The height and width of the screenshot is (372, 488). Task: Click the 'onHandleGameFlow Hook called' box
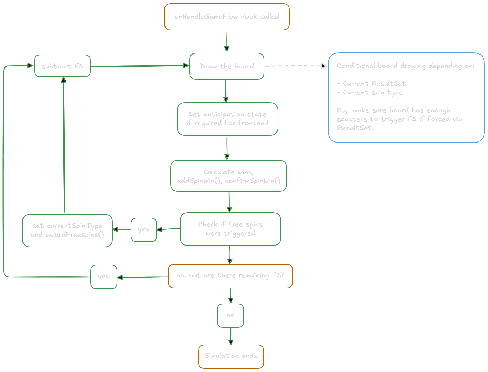(227, 17)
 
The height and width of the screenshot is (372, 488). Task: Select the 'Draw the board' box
(227, 66)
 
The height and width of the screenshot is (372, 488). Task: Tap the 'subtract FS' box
(62, 66)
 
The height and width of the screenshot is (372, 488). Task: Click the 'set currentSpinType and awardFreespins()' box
(67, 230)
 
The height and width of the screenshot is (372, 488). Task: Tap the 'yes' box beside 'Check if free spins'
(144, 229)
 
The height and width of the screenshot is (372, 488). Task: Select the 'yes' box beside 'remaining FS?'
(104, 277)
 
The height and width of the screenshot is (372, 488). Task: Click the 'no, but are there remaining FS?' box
(230, 276)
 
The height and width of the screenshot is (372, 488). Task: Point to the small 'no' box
(230, 315)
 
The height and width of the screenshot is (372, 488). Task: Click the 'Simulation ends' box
(231, 356)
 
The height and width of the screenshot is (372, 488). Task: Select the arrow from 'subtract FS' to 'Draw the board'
(139, 66)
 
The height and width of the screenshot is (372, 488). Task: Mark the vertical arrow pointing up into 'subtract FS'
(64, 143)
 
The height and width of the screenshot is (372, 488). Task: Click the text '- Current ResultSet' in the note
(371, 83)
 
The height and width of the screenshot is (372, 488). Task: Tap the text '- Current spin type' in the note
(370, 93)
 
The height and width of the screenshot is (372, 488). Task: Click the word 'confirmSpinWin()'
(253, 181)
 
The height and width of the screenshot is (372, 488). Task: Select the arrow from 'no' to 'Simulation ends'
(231, 336)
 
